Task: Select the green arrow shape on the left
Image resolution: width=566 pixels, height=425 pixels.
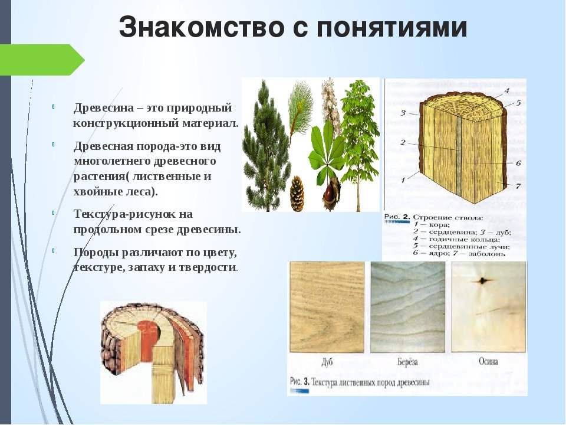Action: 42,60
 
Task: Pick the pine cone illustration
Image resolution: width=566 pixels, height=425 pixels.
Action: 297,194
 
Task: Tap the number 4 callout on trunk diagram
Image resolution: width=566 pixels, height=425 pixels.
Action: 506,90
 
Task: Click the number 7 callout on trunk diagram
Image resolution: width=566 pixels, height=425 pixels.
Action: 518,186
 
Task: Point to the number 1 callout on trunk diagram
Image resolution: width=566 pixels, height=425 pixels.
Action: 403,179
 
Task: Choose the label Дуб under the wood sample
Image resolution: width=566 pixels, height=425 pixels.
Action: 326,362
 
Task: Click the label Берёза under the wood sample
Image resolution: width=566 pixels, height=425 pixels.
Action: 407,362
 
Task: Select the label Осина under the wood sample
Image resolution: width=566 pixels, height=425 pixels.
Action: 488,361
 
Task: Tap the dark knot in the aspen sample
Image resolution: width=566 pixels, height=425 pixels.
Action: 482,281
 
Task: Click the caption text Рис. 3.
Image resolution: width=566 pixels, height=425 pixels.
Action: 300,382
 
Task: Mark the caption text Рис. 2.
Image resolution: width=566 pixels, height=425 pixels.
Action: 397,217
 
